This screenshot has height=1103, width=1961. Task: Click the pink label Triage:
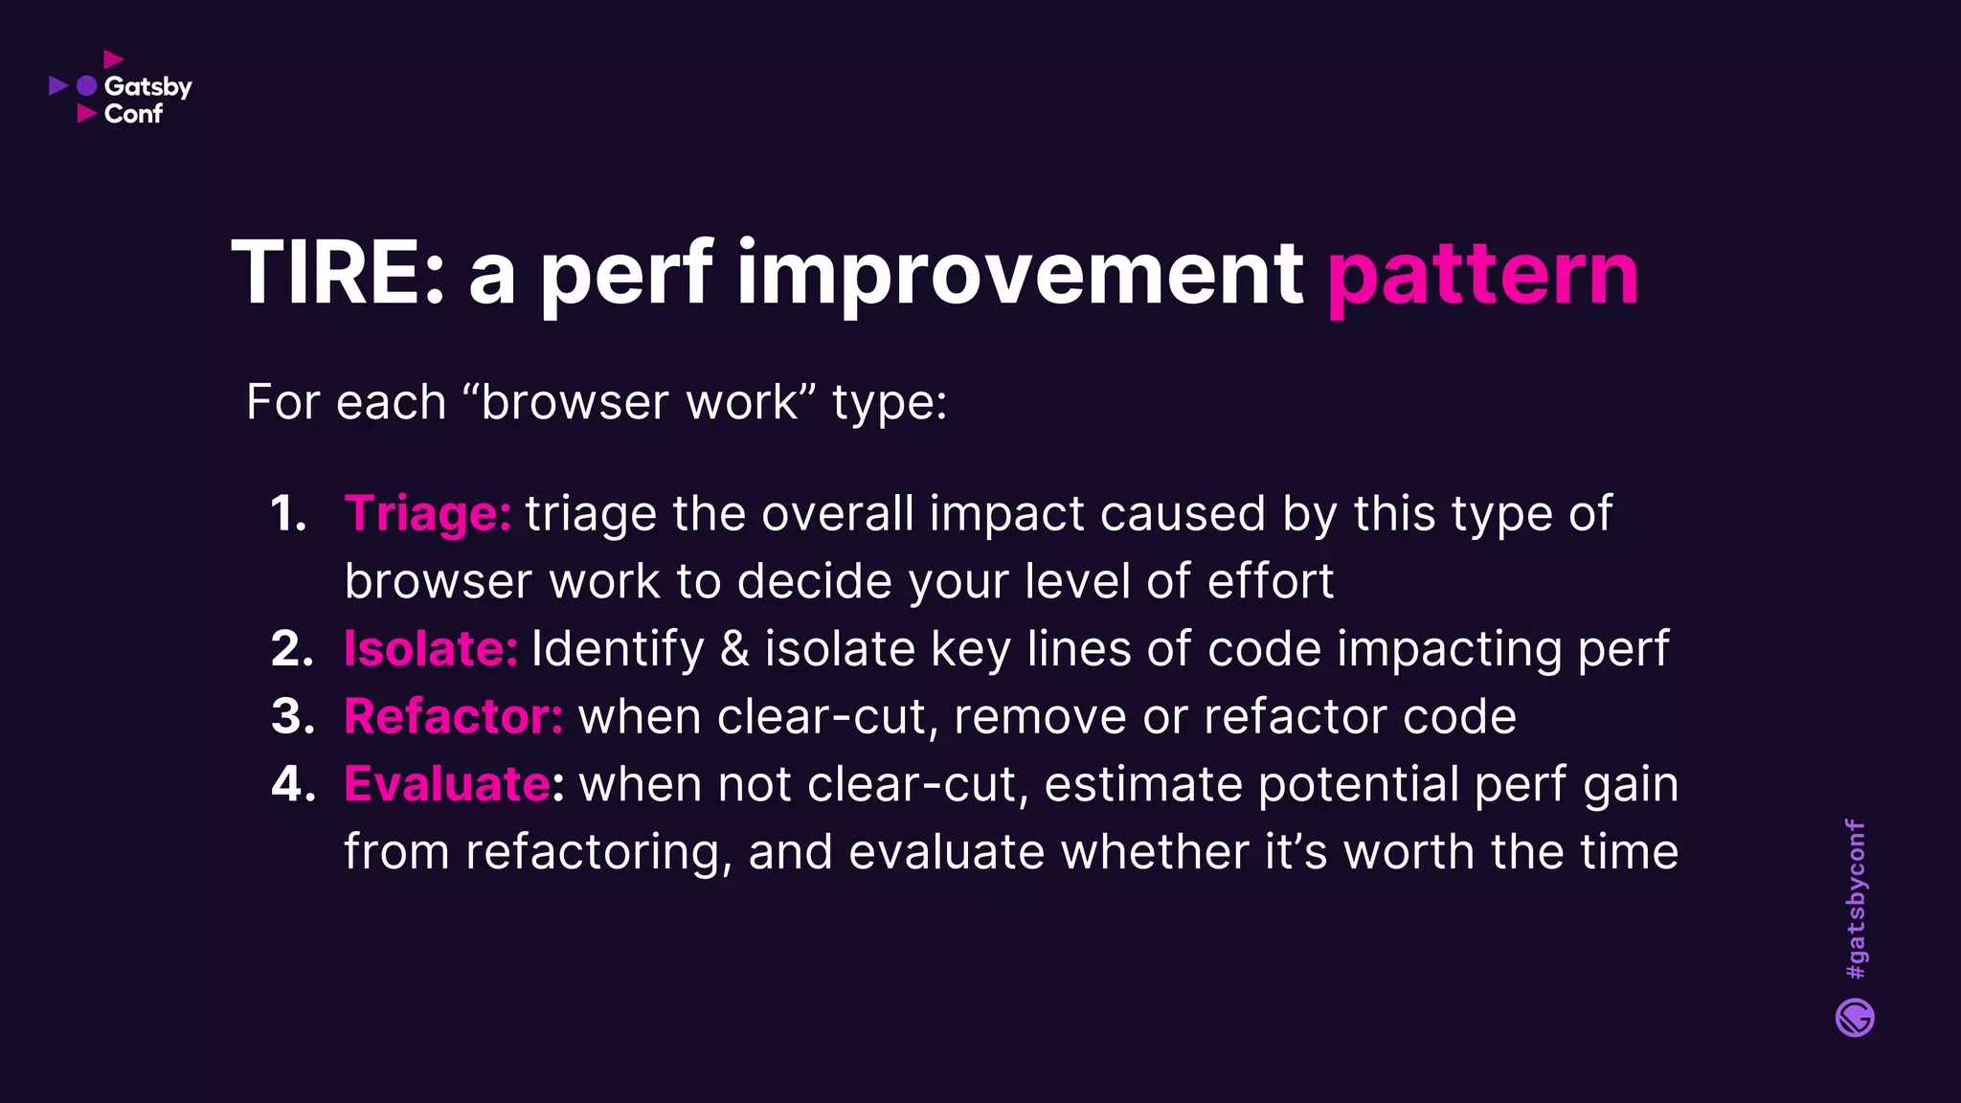coord(427,514)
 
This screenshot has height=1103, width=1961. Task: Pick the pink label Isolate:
coord(430,648)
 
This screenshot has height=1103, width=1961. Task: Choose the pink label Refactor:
coord(453,716)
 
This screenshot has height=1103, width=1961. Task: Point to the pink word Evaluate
coord(446,784)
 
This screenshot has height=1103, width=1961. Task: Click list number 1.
coord(288,514)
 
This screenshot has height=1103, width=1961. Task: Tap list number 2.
coord(292,649)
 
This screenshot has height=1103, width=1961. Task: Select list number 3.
coord(292,717)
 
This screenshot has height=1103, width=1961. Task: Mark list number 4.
coord(293,784)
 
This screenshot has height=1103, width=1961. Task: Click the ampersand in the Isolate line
coord(734,649)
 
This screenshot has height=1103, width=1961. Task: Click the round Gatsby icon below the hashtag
coord(1855,1018)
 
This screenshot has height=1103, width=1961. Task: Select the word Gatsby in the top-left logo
coord(147,87)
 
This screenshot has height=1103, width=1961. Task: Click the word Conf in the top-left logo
coord(133,114)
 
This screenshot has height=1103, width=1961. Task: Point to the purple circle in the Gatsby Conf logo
coord(87,86)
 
